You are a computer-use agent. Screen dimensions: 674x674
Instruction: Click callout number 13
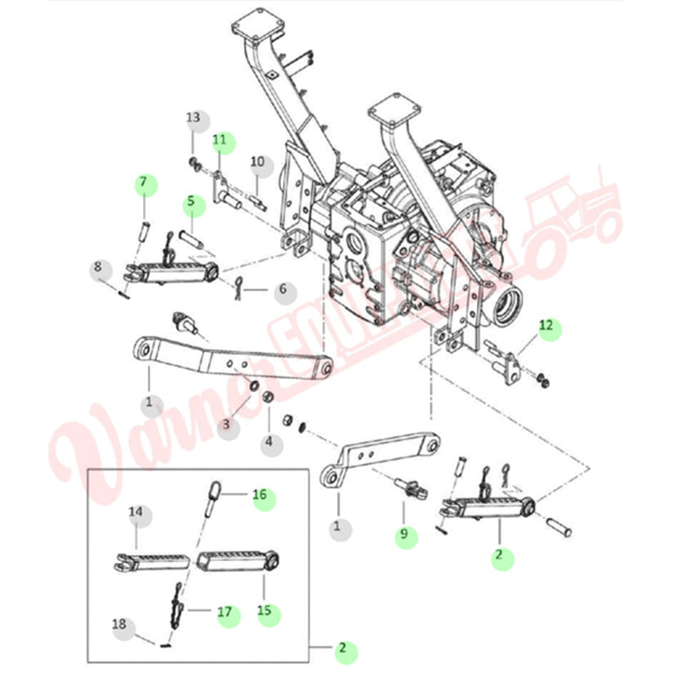pyautogui.click(x=193, y=119)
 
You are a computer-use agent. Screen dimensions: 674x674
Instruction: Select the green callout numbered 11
pyautogui.click(x=221, y=141)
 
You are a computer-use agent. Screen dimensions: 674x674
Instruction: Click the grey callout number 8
pyautogui.click(x=100, y=267)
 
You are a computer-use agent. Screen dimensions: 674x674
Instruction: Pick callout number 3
pyautogui.click(x=229, y=424)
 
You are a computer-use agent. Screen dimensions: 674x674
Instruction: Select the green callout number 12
pyautogui.click(x=548, y=328)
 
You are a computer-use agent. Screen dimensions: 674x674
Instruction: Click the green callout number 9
pyautogui.click(x=404, y=537)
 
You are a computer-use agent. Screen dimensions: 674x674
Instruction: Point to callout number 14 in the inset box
pyautogui.click(x=137, y=514)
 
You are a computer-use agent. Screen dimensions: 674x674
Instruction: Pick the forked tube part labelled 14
pyautogui.click(x=151, y=561)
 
